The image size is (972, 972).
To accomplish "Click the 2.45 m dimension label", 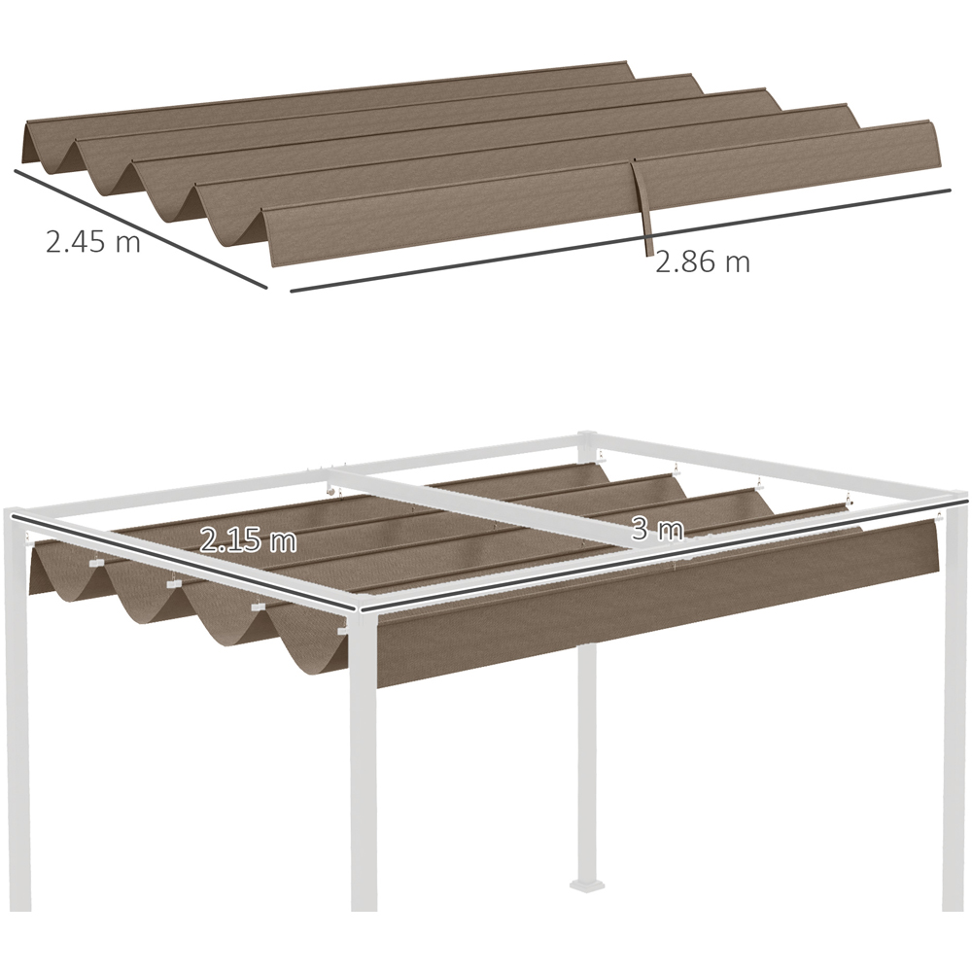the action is click(x=93, y=240).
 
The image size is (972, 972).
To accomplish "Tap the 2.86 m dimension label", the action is click(x=703, y=261).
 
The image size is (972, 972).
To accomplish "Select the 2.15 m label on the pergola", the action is click(x=249, y=540).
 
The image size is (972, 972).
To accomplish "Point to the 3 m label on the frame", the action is click(x=657, y=530).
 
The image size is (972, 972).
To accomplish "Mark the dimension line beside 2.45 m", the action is click(x=140, y=228).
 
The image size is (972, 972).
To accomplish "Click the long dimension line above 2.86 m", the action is click(x=620, y=240).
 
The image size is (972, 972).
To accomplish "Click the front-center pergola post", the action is click(x=364, y=762).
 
